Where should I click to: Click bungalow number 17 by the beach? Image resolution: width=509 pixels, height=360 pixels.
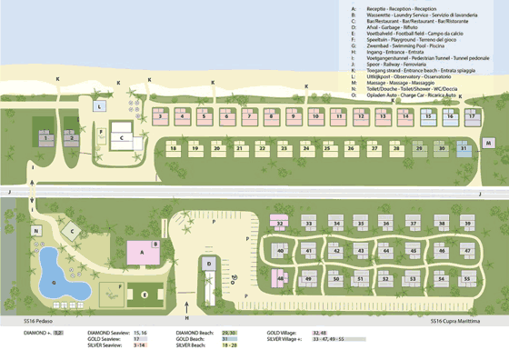[x=471, y=116]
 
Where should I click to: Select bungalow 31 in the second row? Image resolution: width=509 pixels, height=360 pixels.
[x=464, y=148]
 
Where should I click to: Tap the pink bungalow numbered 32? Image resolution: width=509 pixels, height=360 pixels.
[x=282, y=223]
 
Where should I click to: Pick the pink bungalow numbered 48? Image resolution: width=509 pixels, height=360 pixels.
[x=282, y=278]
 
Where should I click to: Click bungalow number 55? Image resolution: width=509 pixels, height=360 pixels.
[x=468, y=278]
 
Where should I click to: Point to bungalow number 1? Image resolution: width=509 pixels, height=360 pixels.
[x=47, y=138]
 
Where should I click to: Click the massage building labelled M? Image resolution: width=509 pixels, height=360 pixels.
[x=489, y=144]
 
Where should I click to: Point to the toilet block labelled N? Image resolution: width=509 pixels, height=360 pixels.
[x=37, y=232]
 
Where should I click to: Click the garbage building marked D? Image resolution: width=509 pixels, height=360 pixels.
[x=209, y=265]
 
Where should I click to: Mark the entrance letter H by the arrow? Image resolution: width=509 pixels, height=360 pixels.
[x=187, y=318]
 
